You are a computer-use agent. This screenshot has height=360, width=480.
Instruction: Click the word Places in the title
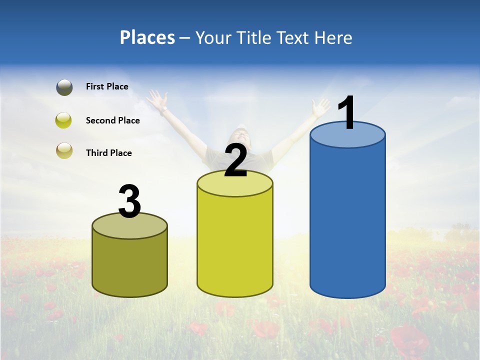point(147,37)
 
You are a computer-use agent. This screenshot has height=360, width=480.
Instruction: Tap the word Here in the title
point(333,37)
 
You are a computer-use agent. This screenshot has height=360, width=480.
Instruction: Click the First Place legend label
point(107,86)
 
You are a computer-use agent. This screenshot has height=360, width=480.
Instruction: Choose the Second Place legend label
point(112,120)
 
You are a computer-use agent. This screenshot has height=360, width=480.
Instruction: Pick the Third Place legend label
point(108,153)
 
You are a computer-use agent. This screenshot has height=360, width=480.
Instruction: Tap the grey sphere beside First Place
point(64,87)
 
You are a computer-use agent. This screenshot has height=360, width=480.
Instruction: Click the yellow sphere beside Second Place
point(64,120)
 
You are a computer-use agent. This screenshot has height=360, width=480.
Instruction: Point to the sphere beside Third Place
point(64,150)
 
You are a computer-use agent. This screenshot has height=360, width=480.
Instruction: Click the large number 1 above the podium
point(346,113)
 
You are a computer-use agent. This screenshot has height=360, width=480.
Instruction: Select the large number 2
point(235,160)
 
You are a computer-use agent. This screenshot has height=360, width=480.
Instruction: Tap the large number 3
point(129,201)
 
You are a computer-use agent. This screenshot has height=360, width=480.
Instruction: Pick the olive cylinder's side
point(129,265)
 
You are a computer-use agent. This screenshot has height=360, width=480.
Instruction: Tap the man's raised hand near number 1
point(320,106)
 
